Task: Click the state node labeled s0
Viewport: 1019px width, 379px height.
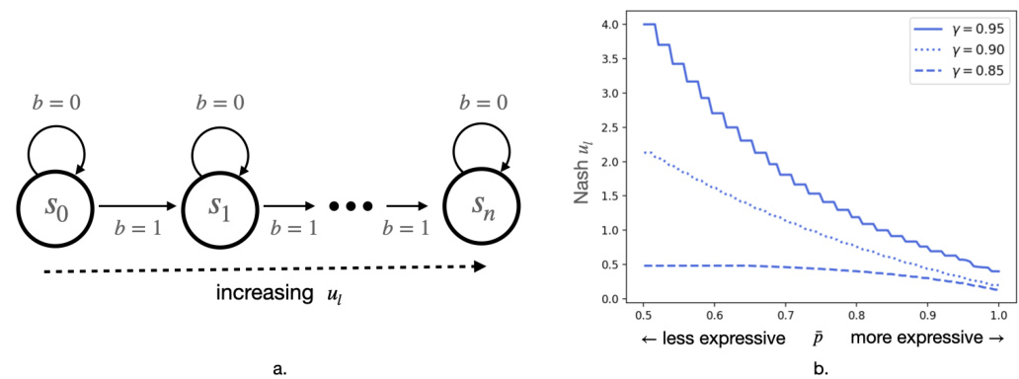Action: click(x=56, y=208)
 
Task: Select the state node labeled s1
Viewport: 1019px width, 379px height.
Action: click(x=227, y=208)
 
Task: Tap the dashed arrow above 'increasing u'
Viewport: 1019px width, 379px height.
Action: click(x=267, y=265)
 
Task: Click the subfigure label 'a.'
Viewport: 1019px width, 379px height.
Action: click(x=278, y=368)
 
